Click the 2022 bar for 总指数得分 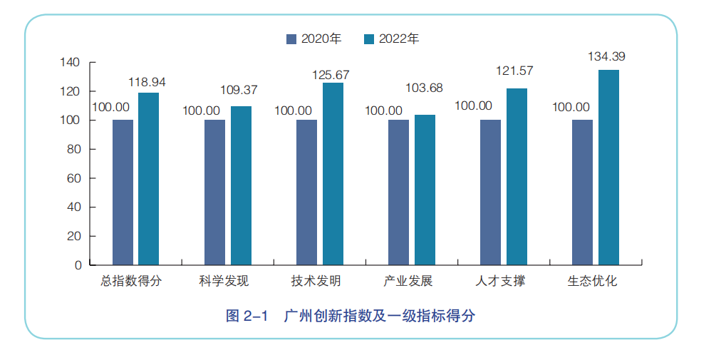[148, 178]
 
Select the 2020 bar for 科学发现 [214, 192]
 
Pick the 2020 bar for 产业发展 [398, 192]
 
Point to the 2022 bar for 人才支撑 [517, 176]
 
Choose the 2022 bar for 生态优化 [608, 167]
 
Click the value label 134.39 [606, 56]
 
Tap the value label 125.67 [331, 74]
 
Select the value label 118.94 [147, 82]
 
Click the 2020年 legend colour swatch [291, 39]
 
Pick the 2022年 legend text [399, 39]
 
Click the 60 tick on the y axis [73, 178]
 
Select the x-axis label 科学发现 [224, 282]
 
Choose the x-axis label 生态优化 [592, 282]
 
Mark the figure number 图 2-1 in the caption [246, 316]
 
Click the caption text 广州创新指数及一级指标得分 [378, 316]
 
